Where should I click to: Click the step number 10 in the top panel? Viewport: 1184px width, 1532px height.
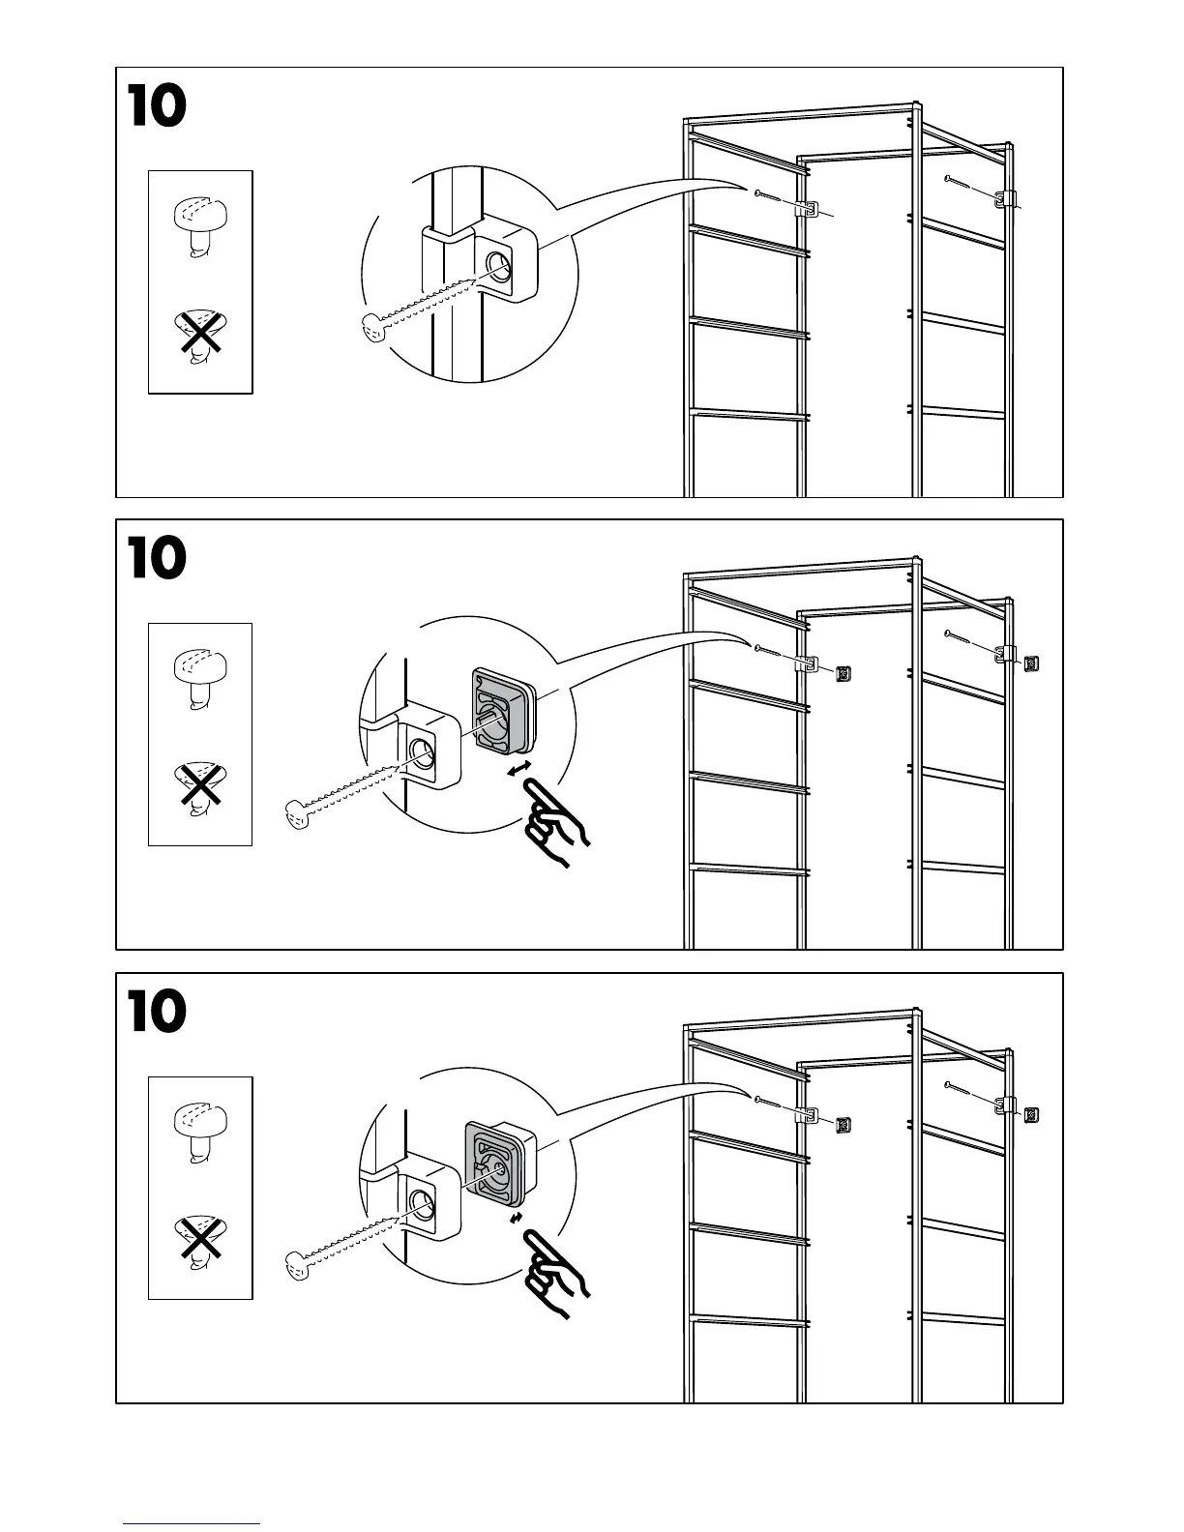(x=157, y=107)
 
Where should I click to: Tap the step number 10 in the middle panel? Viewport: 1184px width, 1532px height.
(x=157, y=560)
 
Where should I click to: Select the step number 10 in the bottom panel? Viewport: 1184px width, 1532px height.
(x=157, y=1013)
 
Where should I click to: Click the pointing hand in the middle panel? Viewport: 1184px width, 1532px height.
(x=554, y=823)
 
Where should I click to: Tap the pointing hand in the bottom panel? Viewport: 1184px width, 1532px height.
(x=555, y=1276)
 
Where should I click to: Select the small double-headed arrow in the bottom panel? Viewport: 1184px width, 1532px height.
(x=517, y=1218)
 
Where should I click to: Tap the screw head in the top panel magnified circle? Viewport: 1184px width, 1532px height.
(x=372, y=330)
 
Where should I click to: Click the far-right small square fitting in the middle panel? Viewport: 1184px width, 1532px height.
(x=1031, y=663)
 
